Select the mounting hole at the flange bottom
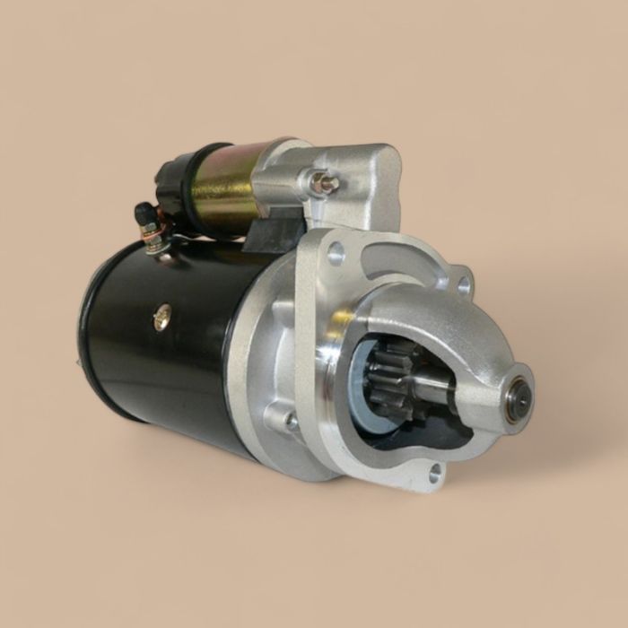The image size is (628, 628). (435, 473)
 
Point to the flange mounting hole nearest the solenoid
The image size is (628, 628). (336, 253)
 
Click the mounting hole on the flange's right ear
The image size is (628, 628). (463, 284)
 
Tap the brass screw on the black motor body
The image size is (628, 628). (162, 317)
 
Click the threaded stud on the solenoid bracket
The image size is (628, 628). (325, 183)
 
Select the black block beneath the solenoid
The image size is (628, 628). (269, 231)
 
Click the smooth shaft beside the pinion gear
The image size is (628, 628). (432, 386)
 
